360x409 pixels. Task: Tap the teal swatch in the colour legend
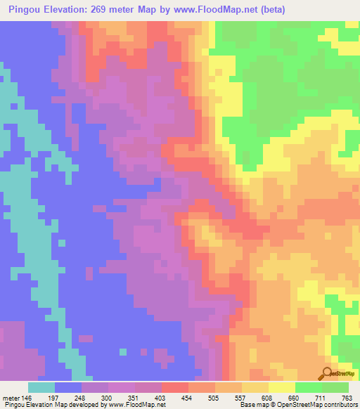point(41,387)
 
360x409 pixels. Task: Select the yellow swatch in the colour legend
point(282,387)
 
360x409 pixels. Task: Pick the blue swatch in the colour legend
point(68,387)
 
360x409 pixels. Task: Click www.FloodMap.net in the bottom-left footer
point(133,405)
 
